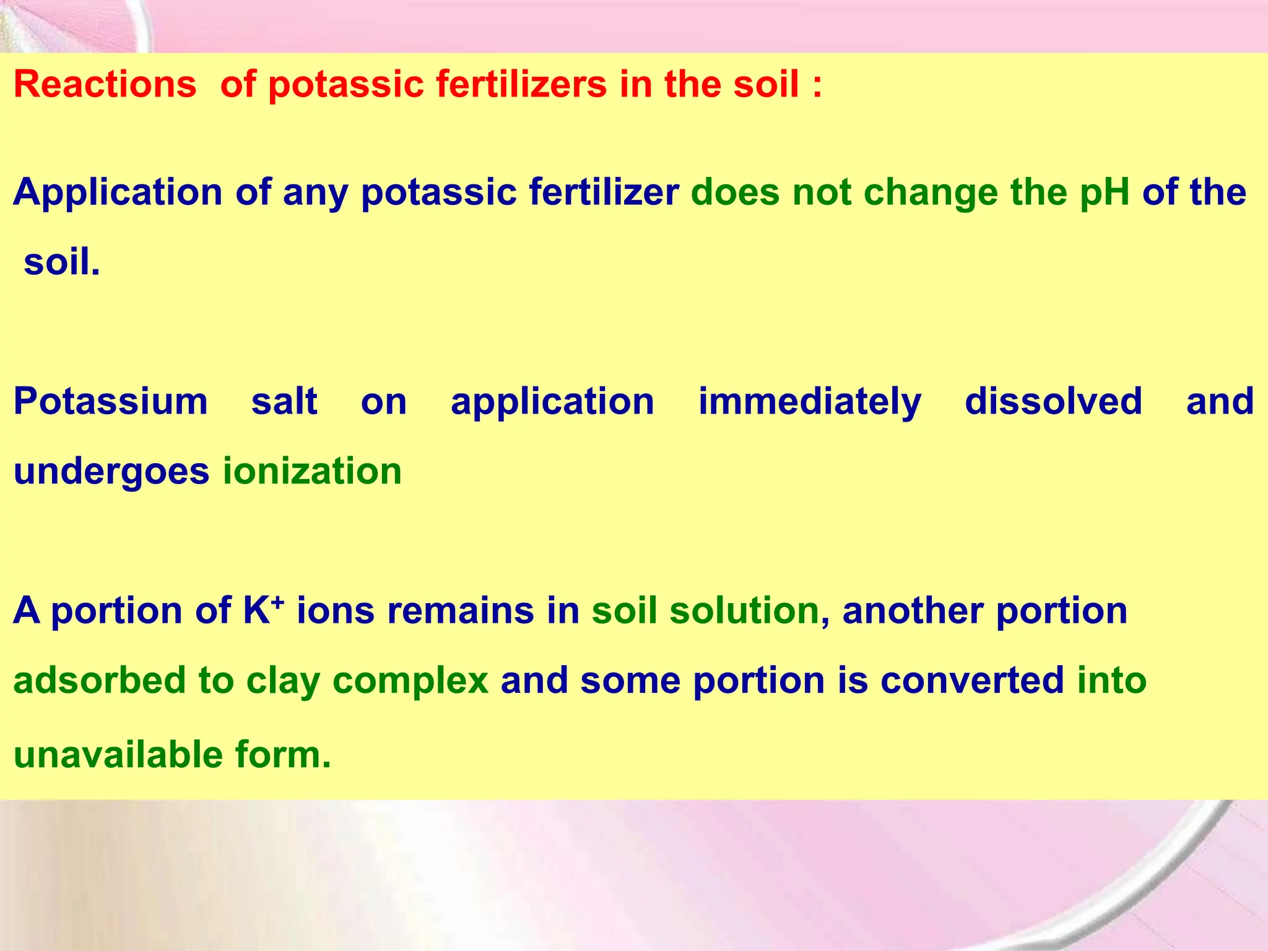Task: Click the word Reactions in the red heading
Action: click(x=105, y=84)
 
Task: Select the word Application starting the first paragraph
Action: click(x=117, y=193)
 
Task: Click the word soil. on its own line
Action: click(x=62, y=263)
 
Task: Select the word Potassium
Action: click(x=111, y=402)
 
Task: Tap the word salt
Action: click(x=284, y=402)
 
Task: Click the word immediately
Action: click(x=809, y=402)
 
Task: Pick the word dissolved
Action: click(x=1053, y=402)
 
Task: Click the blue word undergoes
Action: click(x=111, y=472)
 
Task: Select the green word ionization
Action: click(x=312, y=471)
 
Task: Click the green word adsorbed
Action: click(x=99, y=680)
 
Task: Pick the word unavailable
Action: click(x=118, y=755)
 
